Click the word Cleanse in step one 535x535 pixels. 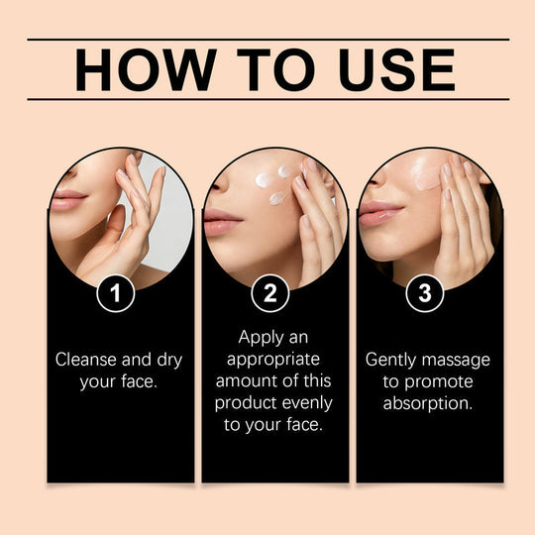click(87, 360)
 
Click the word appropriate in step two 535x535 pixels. click(275, 360)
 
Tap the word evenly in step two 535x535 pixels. click(304, 403)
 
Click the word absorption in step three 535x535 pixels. click(429, 403)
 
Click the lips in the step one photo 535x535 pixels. click(66, 201)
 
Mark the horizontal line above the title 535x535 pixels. click(267, 40)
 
